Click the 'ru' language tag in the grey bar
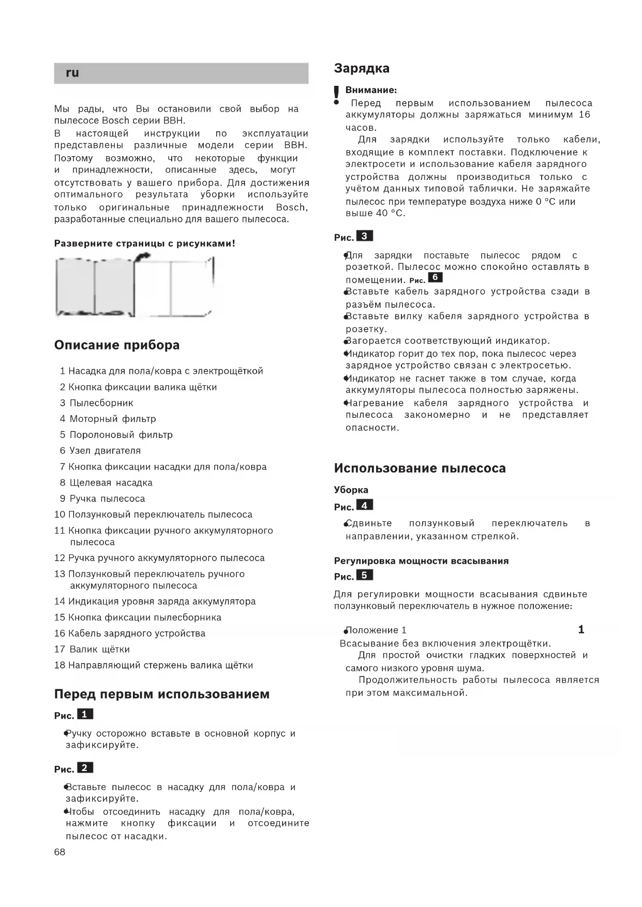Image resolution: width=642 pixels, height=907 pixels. point(72,73)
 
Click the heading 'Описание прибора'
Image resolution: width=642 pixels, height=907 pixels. point(117,345)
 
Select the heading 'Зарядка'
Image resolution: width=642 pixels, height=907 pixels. point(362,68)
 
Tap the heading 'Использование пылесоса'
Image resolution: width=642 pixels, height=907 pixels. point(420,468)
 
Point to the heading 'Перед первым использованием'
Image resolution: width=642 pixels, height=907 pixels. point(162,694)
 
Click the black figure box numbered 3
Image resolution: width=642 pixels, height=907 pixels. point(364,236)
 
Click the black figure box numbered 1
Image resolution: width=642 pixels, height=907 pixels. point(85,714)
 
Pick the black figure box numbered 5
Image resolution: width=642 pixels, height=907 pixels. point(364,575)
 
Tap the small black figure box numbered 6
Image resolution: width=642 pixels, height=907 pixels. point(435,277)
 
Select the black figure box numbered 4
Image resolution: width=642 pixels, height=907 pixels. point(364,505)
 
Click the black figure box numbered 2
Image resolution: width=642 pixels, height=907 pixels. point(85,767)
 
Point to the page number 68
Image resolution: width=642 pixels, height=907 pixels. point(60,852)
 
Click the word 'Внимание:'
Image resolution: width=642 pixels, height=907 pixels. point(371,90)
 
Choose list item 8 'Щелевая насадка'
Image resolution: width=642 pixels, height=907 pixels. point(107,482)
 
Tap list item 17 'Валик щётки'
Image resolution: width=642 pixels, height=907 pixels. point(95,649)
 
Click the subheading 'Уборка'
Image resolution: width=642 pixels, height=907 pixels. point(351,490)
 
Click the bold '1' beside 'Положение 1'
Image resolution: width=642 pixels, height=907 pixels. point(581,629)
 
